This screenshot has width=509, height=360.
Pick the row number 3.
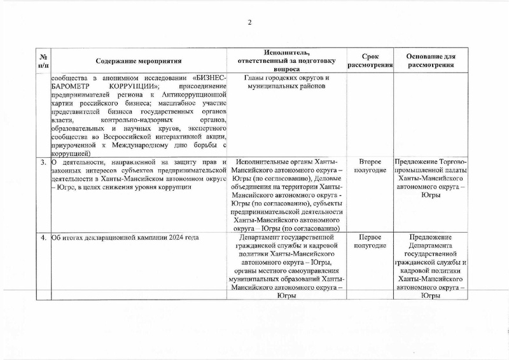(43, 162)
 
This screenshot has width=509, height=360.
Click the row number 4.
(43, 238)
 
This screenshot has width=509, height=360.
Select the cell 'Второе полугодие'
(370, 167)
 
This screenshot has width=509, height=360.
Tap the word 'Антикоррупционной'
(197, 95)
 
